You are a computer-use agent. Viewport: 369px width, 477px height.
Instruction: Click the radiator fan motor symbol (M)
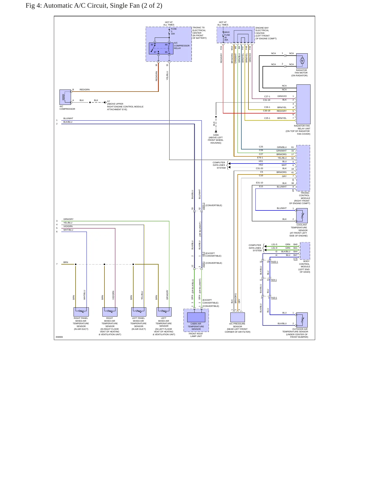[x=302, y=61]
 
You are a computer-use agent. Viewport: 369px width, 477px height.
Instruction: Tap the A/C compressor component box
[x=65, y=97]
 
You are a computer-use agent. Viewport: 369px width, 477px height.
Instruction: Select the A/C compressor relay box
[x=161, y=48]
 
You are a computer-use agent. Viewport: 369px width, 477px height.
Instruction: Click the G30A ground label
[x=216, y=135]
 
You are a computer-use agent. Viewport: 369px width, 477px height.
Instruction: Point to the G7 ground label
[x=109, y=101]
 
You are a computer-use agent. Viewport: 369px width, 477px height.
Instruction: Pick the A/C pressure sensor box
[x=237, y=317]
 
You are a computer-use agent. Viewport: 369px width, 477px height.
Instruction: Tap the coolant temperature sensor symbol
[x=302, y=216]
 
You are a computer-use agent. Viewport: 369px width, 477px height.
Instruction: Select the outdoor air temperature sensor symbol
[x=302, y=320]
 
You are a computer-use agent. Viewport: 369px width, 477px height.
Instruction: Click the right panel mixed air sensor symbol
[x=81, y=312]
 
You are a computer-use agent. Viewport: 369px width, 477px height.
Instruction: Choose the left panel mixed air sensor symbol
[x=139, y=312]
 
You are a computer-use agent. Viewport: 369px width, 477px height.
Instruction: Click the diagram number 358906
[x=59, y=337]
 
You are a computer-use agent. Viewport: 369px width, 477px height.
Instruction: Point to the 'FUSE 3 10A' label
[x=173, y=31]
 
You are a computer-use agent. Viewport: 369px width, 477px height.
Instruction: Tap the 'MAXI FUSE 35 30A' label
[x=227, y=36]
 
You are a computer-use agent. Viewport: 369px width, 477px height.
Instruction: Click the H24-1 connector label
[x=274, y=280]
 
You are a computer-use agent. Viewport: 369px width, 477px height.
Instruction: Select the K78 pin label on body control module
[x=295, y=259]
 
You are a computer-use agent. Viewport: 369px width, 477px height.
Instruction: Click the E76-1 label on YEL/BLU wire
[x=260, y=158]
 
